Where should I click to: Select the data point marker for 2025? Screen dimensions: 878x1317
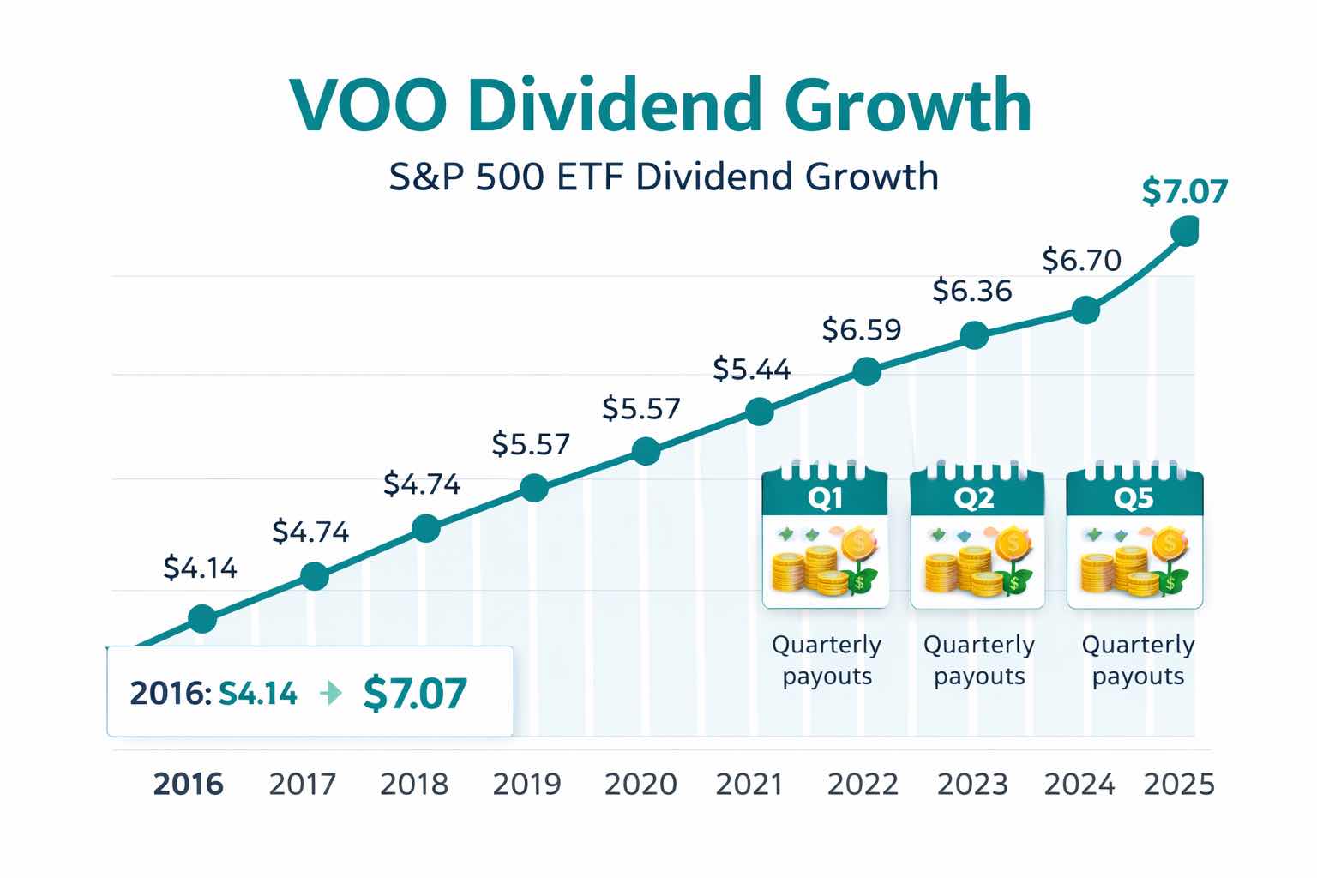pos(1185,231)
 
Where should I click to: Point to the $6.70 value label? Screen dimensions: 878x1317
pos(1081,259)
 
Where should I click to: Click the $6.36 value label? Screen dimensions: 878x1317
pos(972,292)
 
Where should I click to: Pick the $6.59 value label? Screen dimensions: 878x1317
pos(862,329)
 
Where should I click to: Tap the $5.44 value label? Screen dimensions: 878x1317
pos(752,370)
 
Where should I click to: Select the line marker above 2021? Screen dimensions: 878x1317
pos(759,412)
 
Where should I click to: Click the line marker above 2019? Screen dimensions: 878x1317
pos(534,489)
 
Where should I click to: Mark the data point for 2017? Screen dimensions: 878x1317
pos(315,576)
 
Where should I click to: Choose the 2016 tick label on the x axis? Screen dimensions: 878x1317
pos(188,784)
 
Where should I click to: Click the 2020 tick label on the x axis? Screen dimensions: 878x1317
pos(640,784)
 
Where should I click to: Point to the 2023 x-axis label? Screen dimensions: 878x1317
pos(972,784)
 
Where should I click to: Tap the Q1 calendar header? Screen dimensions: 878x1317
pos(825,497)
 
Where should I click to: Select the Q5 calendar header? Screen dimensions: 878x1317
pos(1134,497)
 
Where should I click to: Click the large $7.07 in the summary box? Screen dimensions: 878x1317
pos(415,693)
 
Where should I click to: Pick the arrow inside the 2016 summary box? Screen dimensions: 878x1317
pos(330,693)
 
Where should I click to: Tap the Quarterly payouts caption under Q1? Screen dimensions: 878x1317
pos(827,660)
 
